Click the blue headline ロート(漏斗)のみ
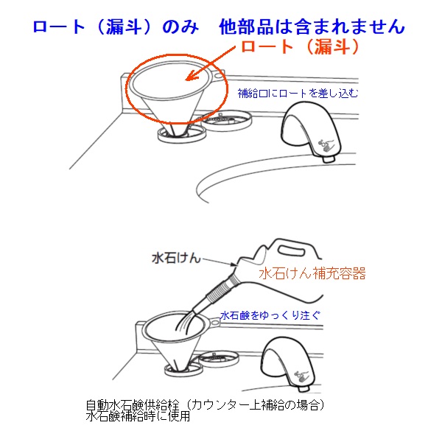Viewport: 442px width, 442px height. click(116, 27)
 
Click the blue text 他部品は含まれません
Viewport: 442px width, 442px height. click(312, 27)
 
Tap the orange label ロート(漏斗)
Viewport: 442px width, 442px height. click(301, 47)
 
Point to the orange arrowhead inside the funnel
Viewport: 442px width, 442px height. click(192, 76)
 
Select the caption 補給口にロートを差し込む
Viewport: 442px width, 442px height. click(298, 94)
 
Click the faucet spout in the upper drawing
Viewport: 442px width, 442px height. click(311, 130)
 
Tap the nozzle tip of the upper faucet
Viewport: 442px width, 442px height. click(329, 159)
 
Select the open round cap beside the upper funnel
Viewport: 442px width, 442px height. click(227, 120)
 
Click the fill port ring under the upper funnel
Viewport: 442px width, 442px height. click(181, 136)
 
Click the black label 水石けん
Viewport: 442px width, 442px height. click(176, 258)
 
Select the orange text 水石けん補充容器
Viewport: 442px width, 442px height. click(312, 273)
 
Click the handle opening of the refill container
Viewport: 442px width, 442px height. click(292, 250)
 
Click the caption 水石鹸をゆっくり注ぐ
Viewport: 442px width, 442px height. click(270, 315)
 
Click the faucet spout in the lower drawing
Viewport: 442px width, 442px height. click(288, 364)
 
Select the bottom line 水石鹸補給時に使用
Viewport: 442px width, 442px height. click(138, 416)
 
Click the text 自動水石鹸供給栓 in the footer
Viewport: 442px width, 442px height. click(133, 405)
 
